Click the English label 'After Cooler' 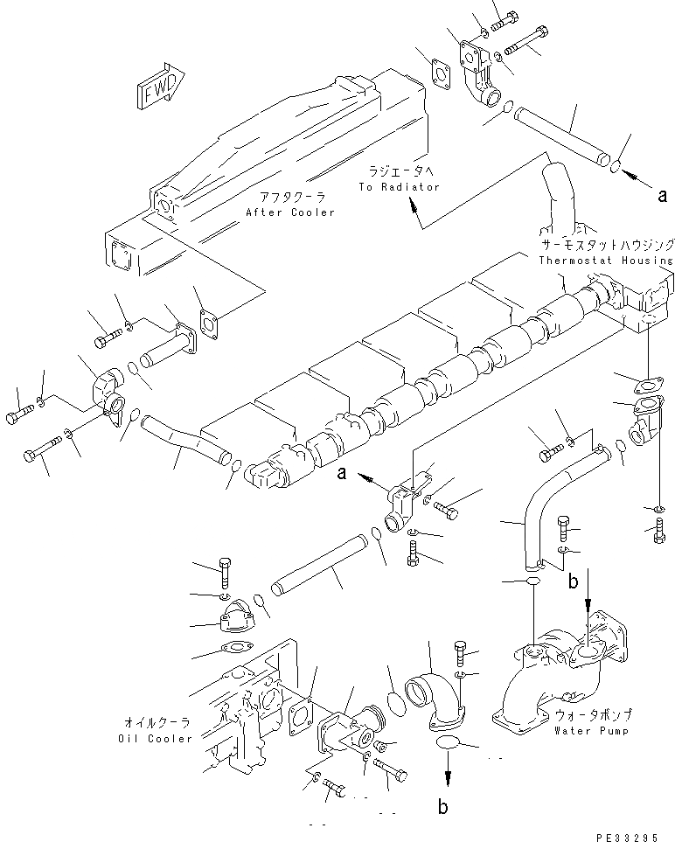(290, 212)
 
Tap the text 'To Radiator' (399, 187)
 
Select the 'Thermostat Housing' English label (606, 260)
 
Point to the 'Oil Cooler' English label (155, 738)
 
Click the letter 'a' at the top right (663, 196)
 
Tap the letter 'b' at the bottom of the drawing (443, 805)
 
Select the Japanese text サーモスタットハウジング (605, 246)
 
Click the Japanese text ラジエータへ (398, 173)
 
